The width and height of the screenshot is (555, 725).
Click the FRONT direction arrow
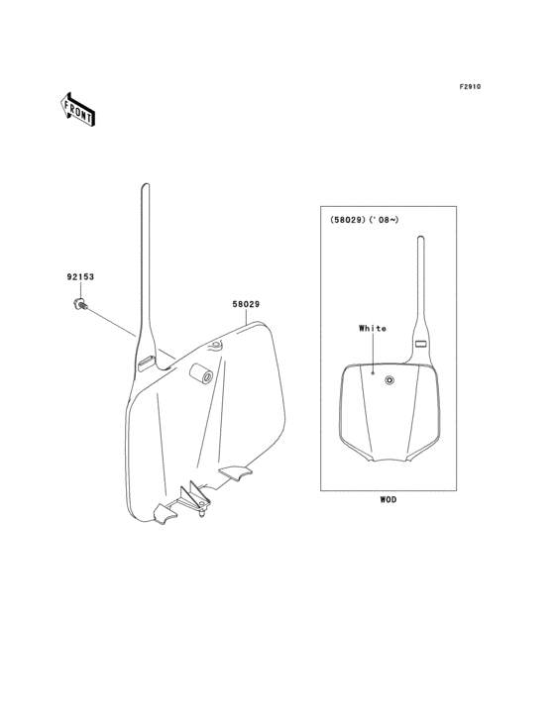point(77,109)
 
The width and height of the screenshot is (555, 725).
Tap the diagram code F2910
point(470,86)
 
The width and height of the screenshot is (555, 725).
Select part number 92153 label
point(80,277)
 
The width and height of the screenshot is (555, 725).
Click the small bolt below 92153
point(80,305)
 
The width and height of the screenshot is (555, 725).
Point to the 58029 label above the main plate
point(246,304)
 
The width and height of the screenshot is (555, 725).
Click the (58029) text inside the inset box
point(347,220)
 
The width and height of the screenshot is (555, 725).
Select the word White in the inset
point(373,328)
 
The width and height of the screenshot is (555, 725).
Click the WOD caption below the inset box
point(388,500)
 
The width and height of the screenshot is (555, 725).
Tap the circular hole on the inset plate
point(390,380)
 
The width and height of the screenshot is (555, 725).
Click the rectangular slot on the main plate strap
point(146,362)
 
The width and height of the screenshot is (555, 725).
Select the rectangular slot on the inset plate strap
point(421,344)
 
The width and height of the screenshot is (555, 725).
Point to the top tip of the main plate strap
point(146,184)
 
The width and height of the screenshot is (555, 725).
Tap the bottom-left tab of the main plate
point(165,514)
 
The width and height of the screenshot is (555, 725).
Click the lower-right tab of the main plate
point(236,472)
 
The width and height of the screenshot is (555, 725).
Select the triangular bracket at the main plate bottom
point(194,498)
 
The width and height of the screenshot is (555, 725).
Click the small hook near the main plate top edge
point(216,346)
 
